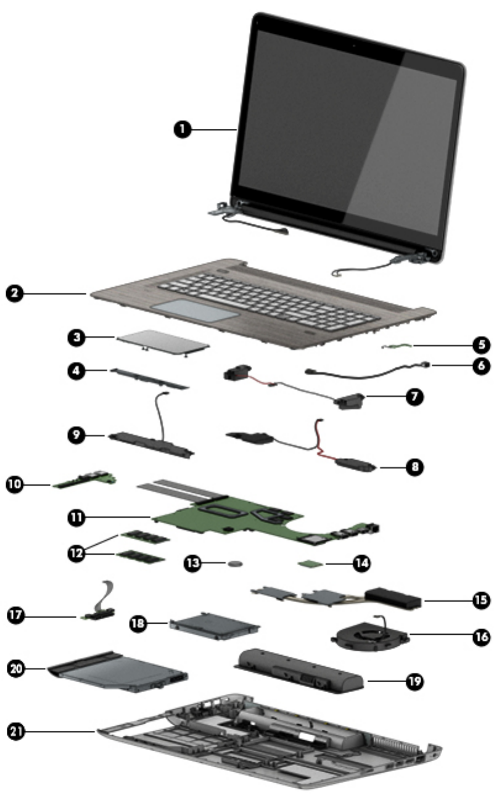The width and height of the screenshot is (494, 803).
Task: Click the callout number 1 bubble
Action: [x=183, y=129]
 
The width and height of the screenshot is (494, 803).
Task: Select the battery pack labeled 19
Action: [x=301, y=670]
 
